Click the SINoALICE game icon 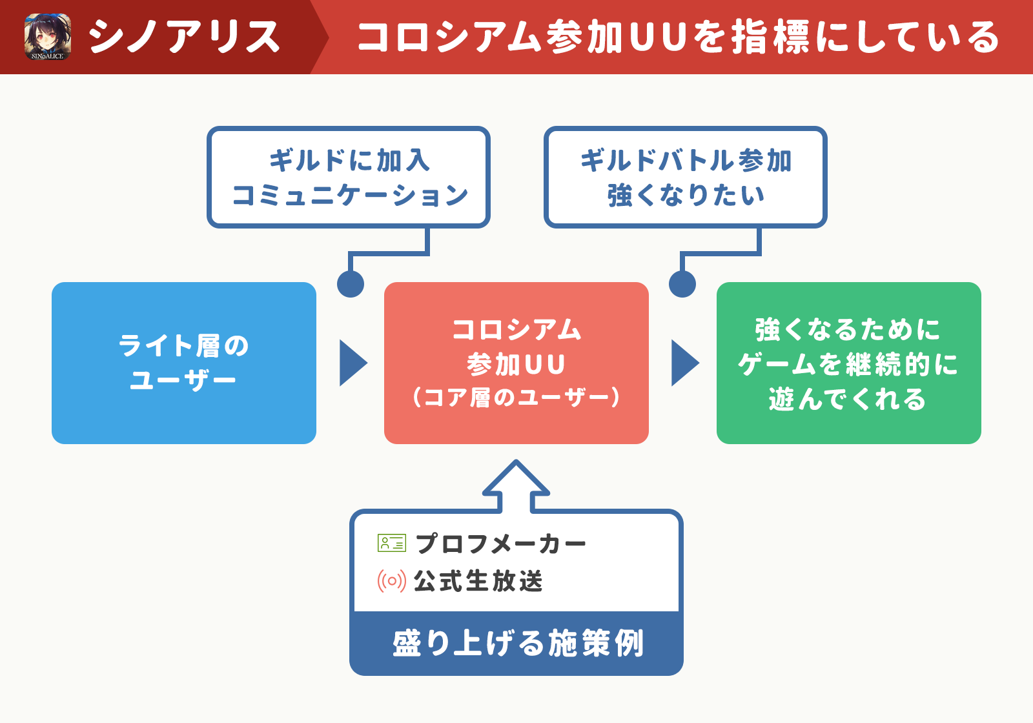point(48,37)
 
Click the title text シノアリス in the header point(184,37)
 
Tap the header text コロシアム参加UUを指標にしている point(679,37)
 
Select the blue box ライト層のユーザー point(184,363)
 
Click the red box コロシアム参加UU point(516,363)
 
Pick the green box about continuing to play point(848,363)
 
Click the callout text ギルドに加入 point(349,161)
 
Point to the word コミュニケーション point(351,195)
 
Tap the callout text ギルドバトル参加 point(686,161)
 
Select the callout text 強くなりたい point(686,195)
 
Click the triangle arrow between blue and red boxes point(353,363)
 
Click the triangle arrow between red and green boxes point(685,363)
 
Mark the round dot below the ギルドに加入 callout point(351,283)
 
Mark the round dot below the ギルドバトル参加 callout point(682,283)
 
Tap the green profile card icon point(391,543)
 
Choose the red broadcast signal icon point(391,581)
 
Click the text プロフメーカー point(501,544)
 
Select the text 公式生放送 point(478,581)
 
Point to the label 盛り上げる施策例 point(518,643)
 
